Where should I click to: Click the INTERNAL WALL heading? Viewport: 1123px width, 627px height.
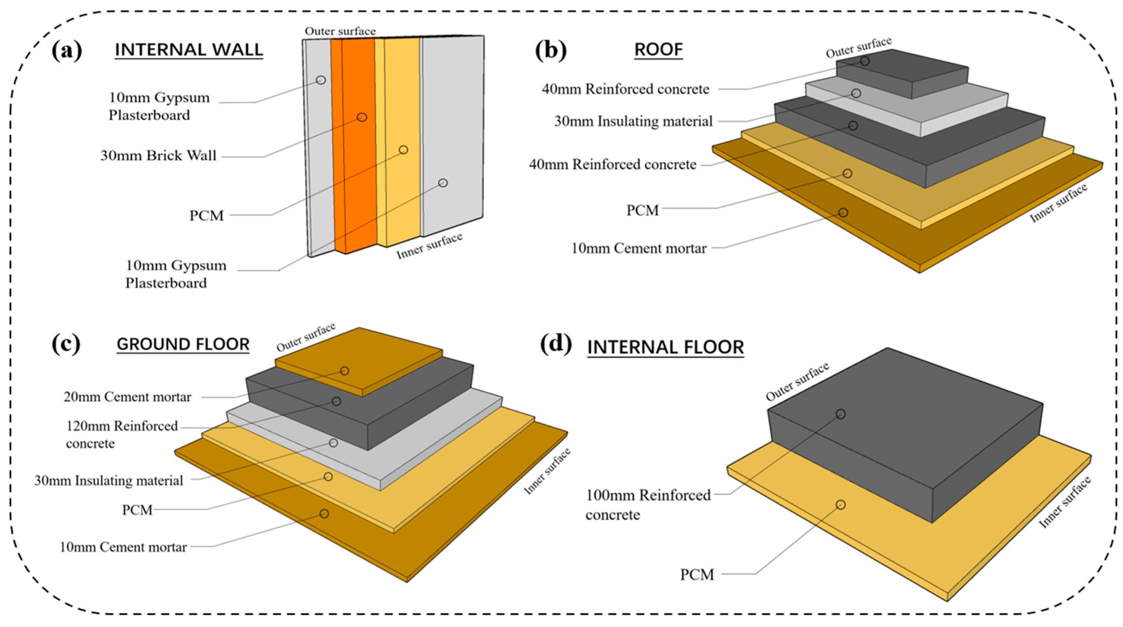[189, 50]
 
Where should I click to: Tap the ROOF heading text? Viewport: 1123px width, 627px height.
[658, 50]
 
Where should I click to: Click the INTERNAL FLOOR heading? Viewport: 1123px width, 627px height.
[665, 348]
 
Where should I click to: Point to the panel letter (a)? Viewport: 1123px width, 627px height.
[66, 51]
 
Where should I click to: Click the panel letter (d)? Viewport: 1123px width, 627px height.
[555, 344]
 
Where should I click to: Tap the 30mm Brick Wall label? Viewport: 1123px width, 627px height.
[158, 156]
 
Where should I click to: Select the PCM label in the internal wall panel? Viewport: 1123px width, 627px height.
[206, 216]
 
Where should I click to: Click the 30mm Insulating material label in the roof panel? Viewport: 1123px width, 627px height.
[633, 121]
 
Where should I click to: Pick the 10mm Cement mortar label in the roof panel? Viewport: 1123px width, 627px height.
[639, 248]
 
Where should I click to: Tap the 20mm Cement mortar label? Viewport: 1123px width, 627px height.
[127, 397]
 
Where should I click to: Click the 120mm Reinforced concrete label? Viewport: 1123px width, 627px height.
[122, 434]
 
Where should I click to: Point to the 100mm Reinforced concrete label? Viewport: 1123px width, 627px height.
[648, 505]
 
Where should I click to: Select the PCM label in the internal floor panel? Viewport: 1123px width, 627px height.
[697, 575]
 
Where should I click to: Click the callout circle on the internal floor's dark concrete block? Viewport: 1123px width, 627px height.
[841, 414]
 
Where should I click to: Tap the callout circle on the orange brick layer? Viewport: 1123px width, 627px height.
[362, 117]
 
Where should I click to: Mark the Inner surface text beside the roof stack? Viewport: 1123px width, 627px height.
[1059, 204]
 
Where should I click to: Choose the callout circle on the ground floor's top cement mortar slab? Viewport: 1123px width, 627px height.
[344, 371]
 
